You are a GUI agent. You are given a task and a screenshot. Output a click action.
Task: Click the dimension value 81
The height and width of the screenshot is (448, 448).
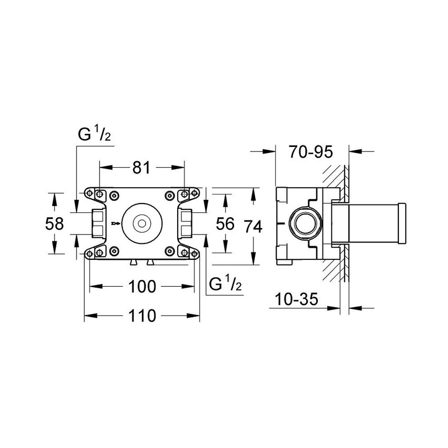(141, 168)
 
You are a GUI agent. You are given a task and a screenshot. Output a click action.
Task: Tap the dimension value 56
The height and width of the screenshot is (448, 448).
(225, 224)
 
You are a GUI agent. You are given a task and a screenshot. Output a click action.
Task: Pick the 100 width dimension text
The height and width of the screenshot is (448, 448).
(142, 287)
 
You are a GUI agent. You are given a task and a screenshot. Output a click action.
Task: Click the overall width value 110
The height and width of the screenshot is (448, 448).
(142, 316)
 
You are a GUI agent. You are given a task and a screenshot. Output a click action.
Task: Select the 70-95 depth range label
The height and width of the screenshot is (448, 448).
(311, 152)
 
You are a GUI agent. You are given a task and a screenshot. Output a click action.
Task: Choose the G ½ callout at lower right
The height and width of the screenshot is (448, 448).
(226, 285)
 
